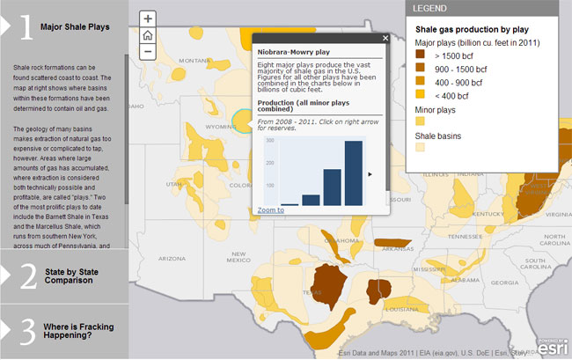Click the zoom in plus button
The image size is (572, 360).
(148, 18)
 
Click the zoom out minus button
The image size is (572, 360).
(148, 52)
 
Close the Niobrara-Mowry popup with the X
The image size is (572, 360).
(385, 39)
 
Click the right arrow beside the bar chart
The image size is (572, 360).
(370, 174)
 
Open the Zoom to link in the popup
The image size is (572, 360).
(270, 210)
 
